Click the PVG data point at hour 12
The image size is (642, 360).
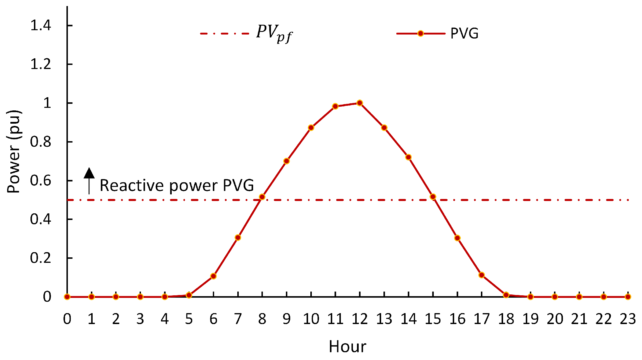[x=360, y=103]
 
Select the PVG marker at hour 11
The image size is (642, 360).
[x=335, y=106]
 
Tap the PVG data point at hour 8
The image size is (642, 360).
[x=262, y=197]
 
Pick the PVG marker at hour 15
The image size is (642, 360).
[x=433, y=197]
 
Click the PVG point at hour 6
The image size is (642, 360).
[x=213, y=276]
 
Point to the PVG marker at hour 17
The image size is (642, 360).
[x=482, y=275]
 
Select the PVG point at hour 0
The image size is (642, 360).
[x=67, y=297]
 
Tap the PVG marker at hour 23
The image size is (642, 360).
[x=628, y=297]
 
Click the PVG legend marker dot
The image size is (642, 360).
[x=421, y=34]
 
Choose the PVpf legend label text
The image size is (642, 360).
[x=274, y=34]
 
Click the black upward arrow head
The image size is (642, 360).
[x=89, y=173]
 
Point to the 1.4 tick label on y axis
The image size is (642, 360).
[x=41, y=26]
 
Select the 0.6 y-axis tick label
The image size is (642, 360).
[x=41, y=181]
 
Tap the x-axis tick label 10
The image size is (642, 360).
[x=311, y=319]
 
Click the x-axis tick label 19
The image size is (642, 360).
[x=530, y=319]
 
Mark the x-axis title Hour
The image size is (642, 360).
[x=347, y=346]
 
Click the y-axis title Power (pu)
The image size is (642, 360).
[x=14, y=152]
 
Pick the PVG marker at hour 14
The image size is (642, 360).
[x=408, y=157]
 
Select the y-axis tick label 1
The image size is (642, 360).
[x=47, y=103]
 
